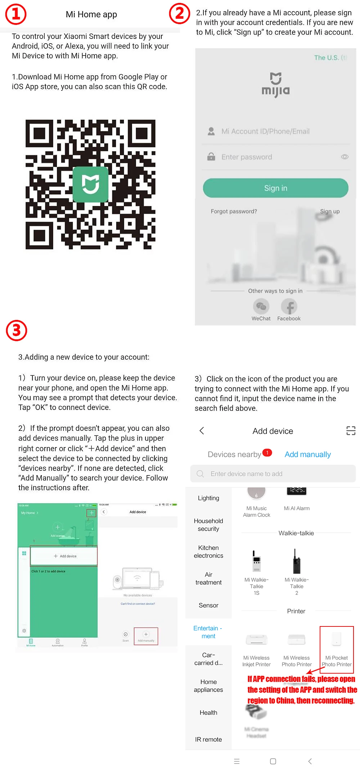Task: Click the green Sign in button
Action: (x=275, y=188)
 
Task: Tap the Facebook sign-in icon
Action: (x=289, y=307)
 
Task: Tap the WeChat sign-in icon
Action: (x=261, y=307)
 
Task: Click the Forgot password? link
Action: (x=234, y=211)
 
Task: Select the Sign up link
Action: (x=330, y=211)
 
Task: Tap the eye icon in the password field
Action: (x=345, y=157)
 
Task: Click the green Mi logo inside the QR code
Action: (x=90, y=184)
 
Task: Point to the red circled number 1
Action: (x=16, y=14)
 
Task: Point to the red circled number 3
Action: (x=17, y=330)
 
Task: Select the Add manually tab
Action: (x=307, y=455)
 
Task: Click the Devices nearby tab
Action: (x=234, y=455)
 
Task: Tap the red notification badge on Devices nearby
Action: (x=267, y=452)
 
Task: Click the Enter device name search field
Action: (x=273, y=474)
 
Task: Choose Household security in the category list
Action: (x=208, y=525)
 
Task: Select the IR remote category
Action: (x=208, y=740)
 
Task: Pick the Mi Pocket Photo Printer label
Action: (x=337, y=661)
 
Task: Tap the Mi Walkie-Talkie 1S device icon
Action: (x=256, y=561)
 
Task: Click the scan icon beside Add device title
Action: (x=351, y=431)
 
